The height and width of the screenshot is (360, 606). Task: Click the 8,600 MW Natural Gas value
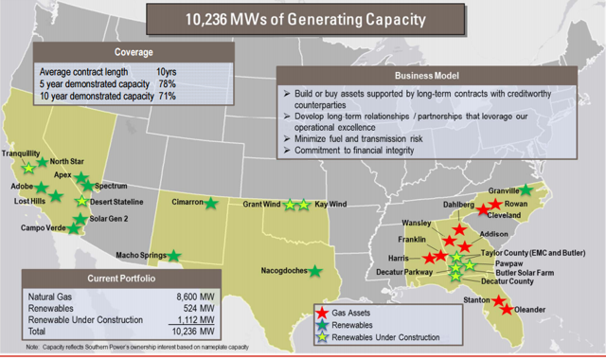179,297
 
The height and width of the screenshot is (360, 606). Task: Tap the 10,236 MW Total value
178,333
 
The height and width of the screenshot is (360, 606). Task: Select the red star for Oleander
508,309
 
